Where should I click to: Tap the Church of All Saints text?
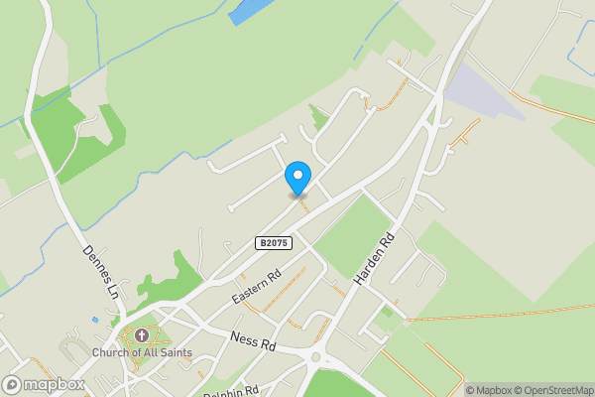pyautogui.click(x=142, y=352)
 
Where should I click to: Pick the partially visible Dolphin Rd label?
pyautogui.click(x=231, y=391)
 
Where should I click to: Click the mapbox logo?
pyautogui.click(x=44, y=384)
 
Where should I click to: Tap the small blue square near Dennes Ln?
pyautogui.click(x=95, y=320)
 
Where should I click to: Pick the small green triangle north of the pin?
pyautogui.click(x=317, y=117)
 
